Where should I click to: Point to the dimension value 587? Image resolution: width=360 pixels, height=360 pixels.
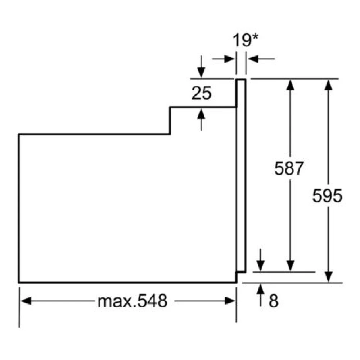point(289,168)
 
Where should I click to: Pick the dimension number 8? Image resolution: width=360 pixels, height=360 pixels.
point(274,301)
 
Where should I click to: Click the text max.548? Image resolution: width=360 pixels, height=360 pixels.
point(132,301)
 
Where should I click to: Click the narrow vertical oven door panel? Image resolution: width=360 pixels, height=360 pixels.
point(241,175)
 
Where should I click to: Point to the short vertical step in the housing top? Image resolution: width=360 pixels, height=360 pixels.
point(170,120)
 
